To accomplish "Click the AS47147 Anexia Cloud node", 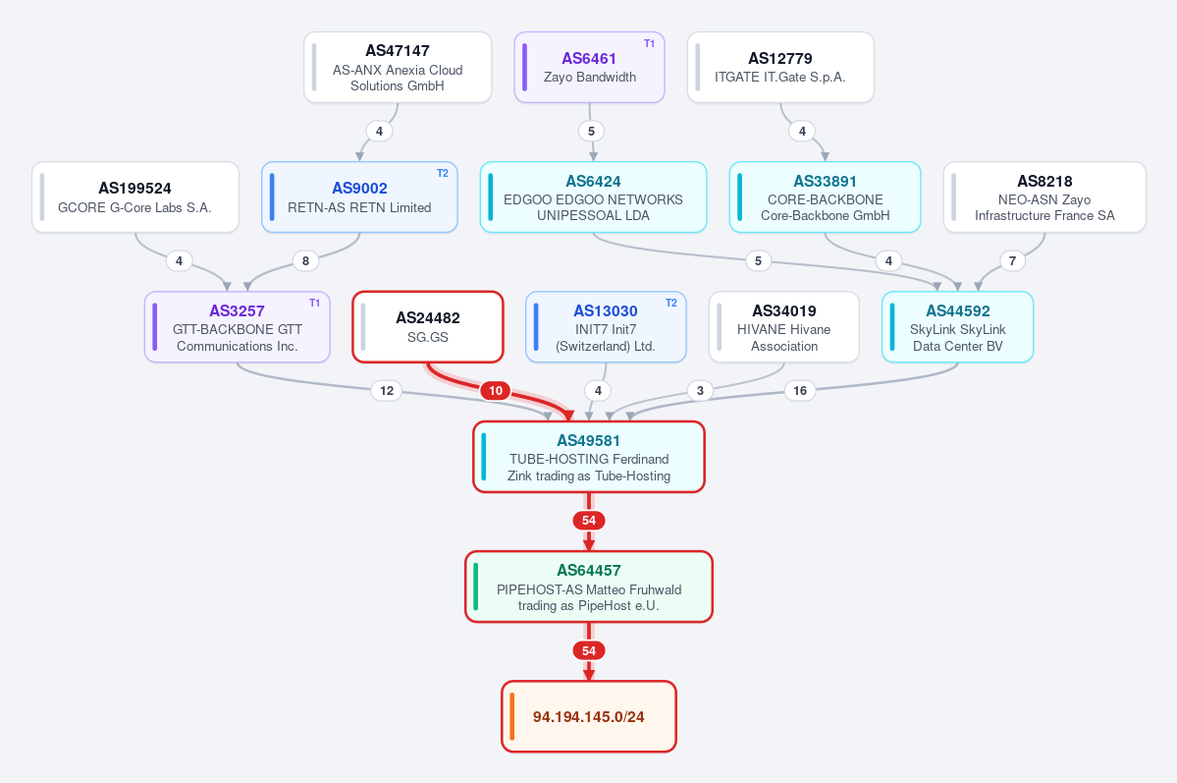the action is tap(398, 68).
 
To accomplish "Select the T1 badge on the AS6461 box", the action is tap(649, 43).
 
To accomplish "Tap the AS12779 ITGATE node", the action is tap(780, 68).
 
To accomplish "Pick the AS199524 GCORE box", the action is tap(135, 196).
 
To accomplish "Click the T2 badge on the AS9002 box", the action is tap(442, 174).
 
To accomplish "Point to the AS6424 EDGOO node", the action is tap(593, 196).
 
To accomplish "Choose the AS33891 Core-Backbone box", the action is tap(825, 196).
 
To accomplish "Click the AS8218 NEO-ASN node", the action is tap(1044, 196).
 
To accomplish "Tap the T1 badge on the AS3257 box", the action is tap(314, 303).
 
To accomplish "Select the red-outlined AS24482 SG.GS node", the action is tap(428, 327).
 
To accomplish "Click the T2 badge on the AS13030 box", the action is tap(671, 303).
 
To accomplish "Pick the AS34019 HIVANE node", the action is tap(783, 327).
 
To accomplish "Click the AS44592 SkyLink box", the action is tap(958, 327).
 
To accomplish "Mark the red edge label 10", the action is tap(496, 391).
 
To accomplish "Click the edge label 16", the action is tap(800, 391).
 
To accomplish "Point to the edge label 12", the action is tap(387, 391).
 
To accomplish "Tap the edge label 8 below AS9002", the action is tap(305, 260).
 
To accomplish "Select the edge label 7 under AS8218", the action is tap(1013, 260).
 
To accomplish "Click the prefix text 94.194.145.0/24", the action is tap(589, 717).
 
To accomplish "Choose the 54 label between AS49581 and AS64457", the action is tap(589, 521).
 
